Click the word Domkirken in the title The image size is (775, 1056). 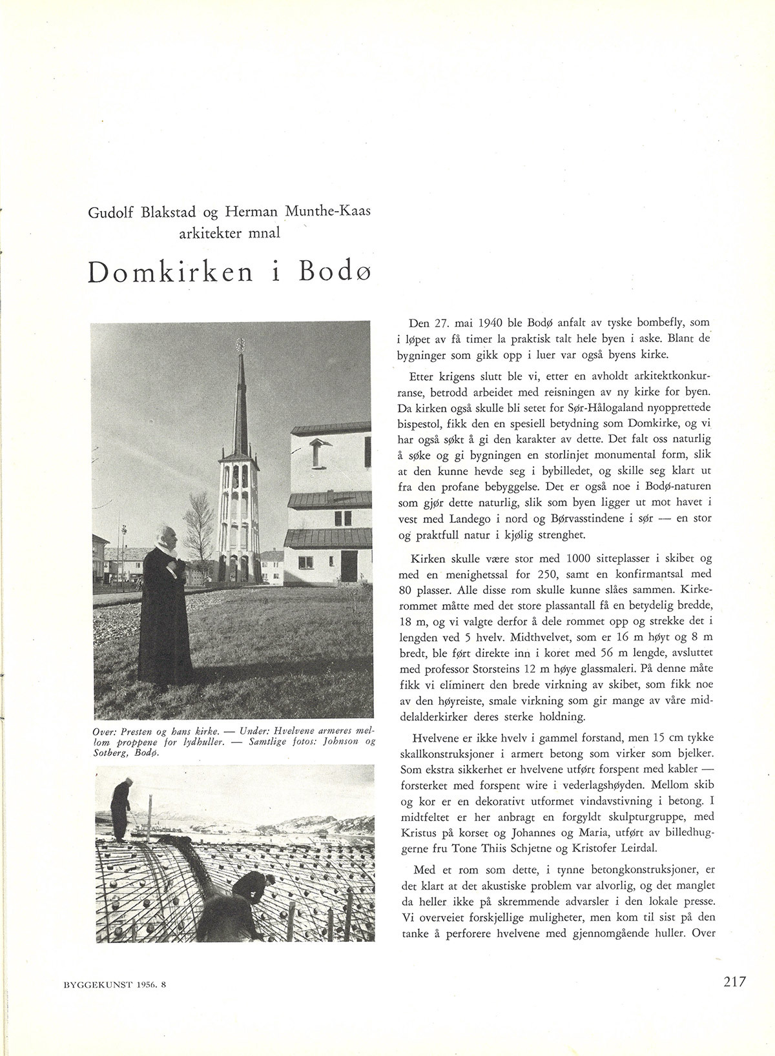pyautogui.click(x=170, y=273)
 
